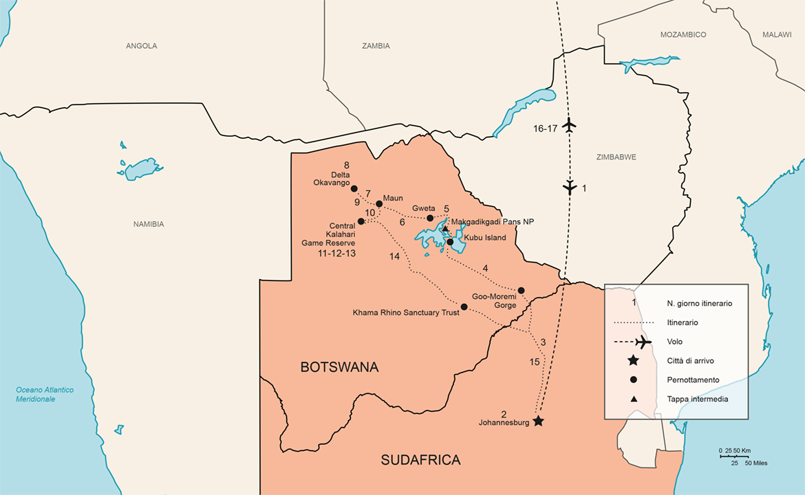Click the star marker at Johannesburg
click(x=538, y=421)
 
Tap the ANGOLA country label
click(x=141, y=46)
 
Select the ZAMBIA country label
click(x=376, y=46)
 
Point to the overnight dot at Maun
click(x=379, y=203)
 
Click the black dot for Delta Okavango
click(x=354, y=188)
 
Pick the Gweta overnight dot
click(x=430, y=218)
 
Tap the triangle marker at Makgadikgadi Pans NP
click(x=445, y=228)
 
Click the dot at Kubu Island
click(x=450, y=242)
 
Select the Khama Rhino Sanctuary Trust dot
click(x=464, y=307)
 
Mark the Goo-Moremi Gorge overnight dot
click(x=521, y=290)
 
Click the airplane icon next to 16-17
click(x=569, y=126)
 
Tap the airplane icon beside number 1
click(x=569, y=187)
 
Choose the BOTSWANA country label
click(x=339, y=367)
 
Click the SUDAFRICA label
click(x=420, y=460)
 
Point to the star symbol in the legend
click(x=633, y=361)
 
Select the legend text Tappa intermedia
click(x=697, y=399)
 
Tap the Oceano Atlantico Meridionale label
click(x=45, y=395)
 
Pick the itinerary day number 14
click(x=394, y=256)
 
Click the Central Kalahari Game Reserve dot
click(x=361, y=221)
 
